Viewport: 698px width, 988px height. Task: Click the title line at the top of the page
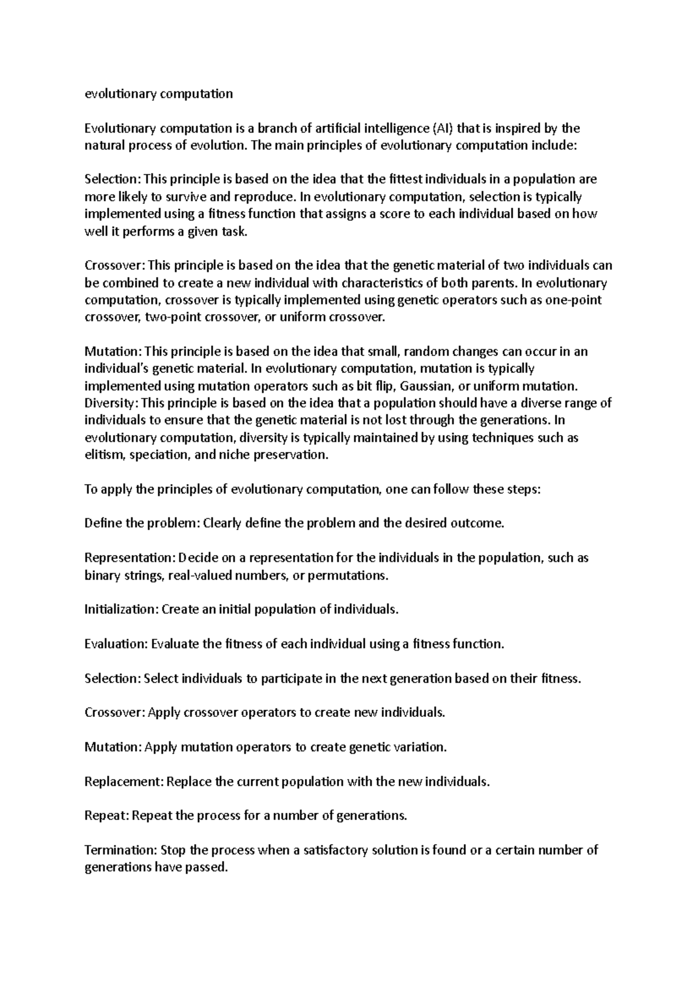[158, 94]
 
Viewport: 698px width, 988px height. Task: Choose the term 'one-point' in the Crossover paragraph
[575, 300]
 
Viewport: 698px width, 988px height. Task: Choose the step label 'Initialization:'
[121, 610]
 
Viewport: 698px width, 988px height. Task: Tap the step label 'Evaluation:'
[116, 644]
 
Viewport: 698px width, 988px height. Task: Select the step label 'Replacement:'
[124, 781]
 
